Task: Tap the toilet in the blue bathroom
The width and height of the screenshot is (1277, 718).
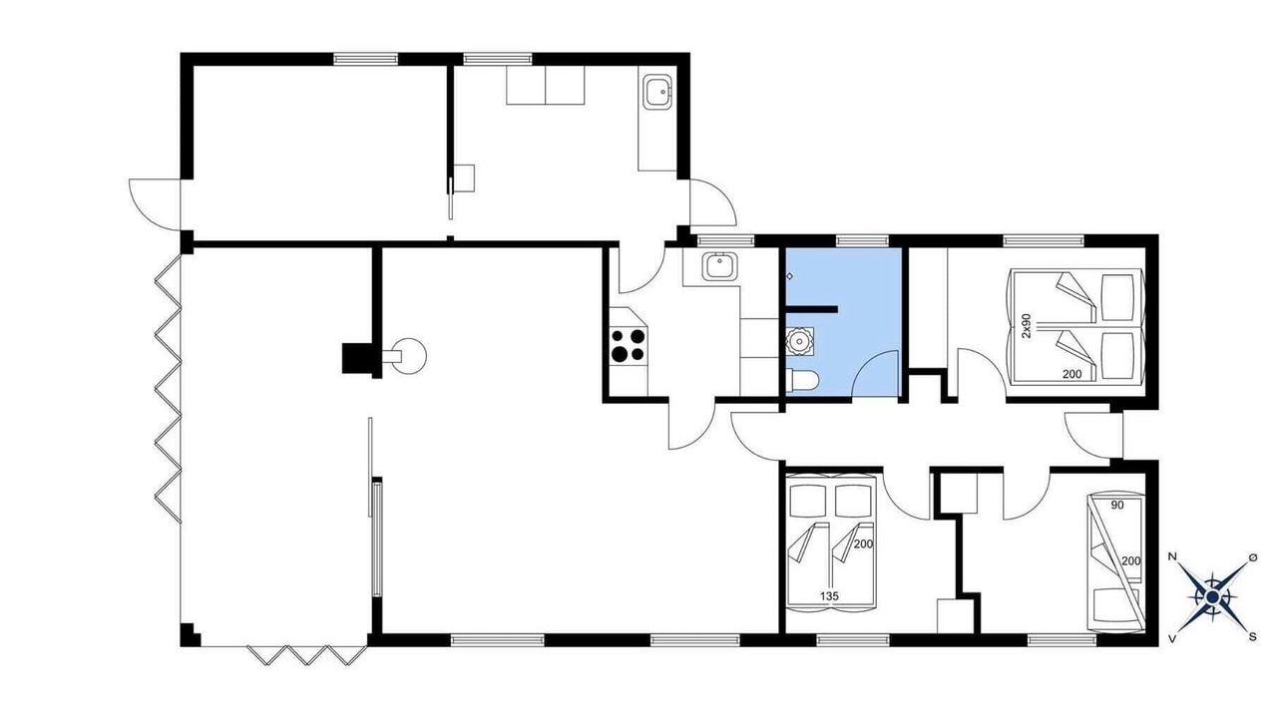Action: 801,380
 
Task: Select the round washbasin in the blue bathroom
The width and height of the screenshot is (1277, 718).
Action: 799,341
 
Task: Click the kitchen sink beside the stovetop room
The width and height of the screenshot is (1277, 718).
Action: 720,266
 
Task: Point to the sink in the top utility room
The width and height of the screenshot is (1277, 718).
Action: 660,92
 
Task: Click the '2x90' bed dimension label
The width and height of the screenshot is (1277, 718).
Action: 1027,325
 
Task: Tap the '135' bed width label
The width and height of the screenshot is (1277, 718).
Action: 829,596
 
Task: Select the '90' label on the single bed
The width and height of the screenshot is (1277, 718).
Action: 1118,505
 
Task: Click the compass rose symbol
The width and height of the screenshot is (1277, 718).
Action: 1212,596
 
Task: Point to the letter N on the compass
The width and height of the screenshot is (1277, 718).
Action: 1172,556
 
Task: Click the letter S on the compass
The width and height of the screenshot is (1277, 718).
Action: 1252,637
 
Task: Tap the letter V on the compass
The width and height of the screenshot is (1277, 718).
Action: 1172,639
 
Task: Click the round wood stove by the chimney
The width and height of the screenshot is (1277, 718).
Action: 408,356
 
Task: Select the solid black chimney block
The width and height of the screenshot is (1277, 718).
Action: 357,358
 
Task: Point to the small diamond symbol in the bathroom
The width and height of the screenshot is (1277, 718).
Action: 790,276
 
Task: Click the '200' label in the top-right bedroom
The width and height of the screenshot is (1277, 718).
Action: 1071,374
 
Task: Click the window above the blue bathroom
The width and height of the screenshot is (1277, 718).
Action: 862,240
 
